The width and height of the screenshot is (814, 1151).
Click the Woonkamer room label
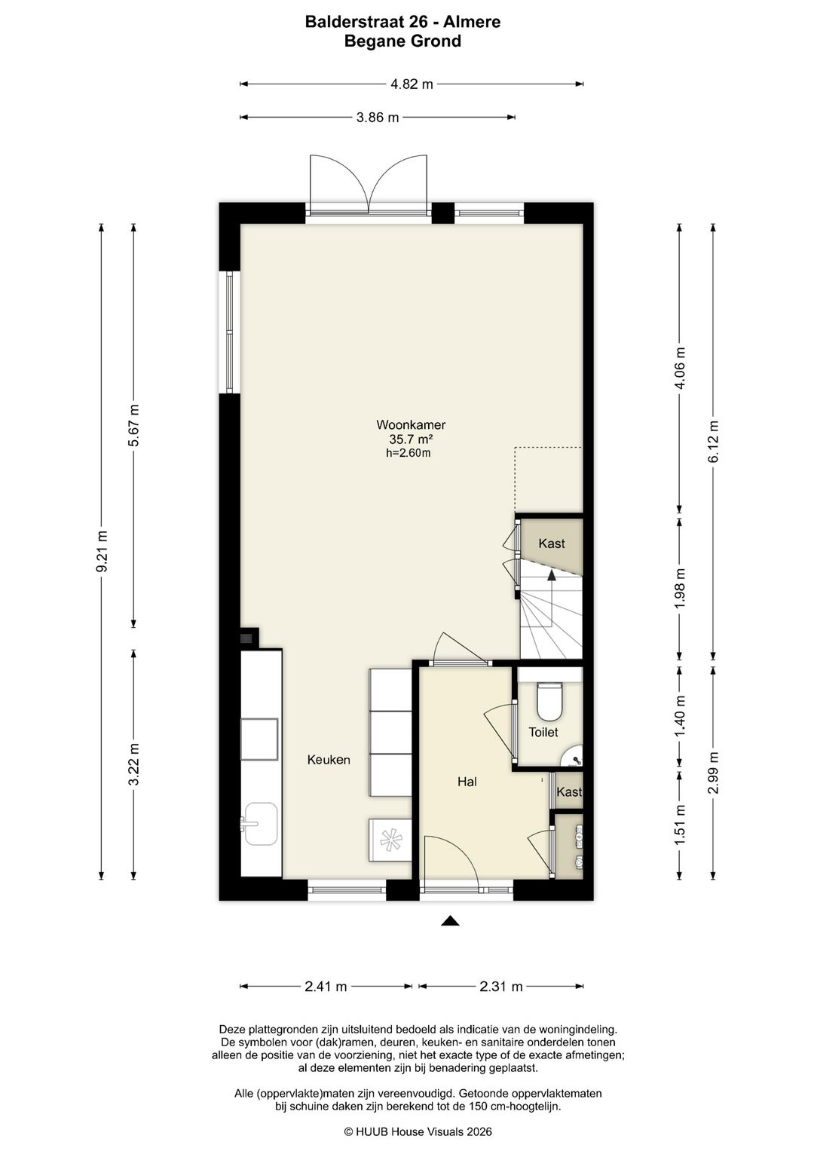411,425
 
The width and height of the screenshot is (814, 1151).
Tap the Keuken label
329,760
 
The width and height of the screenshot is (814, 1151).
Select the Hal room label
467,782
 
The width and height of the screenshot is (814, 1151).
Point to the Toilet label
543,732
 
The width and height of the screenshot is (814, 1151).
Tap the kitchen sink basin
261,824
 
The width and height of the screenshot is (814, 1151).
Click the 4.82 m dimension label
411,84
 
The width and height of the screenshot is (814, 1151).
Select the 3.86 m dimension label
378,118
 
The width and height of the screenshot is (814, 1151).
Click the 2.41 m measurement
326,987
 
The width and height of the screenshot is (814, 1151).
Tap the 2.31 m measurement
501,987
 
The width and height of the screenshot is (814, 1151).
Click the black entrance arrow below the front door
450,921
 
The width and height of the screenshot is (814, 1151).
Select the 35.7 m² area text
411,439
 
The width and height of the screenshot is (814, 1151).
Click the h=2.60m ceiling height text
409,453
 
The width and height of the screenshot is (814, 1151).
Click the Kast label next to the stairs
552,543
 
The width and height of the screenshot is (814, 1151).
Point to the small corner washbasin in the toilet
574,755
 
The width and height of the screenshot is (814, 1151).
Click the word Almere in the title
472,22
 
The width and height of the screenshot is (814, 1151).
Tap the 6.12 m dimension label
713,442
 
